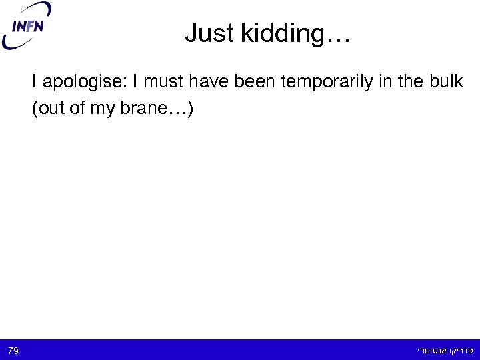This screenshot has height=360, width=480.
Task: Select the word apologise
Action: point(85,83)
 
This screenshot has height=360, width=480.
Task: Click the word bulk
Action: point(447,83)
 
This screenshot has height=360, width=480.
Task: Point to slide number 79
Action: point(13,349)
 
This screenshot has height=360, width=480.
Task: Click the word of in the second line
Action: point(77,109)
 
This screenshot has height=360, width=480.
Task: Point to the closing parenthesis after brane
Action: point(191,109)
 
